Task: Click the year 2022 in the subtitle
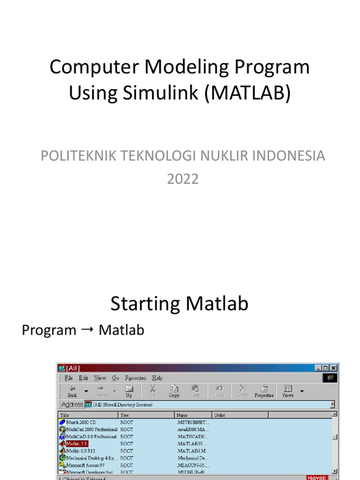click(x=183, y=179)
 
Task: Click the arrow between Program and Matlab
click(x=87, y=330)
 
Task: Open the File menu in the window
click(x=68, y=378)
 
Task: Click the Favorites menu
click(x=135, y=378)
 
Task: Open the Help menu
click(x=157, y=378)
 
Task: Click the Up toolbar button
click(x=129, y=391)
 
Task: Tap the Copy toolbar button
click(x=174, y=391)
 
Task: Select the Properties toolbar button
click(x=264, y=391)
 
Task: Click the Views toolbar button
click(x=288, y=391)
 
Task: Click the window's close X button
click(x=333, y=368)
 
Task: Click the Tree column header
click(x=125, y=415)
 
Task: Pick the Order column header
click(x=219, y=415)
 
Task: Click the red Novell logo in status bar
click(x=315, y=478)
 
